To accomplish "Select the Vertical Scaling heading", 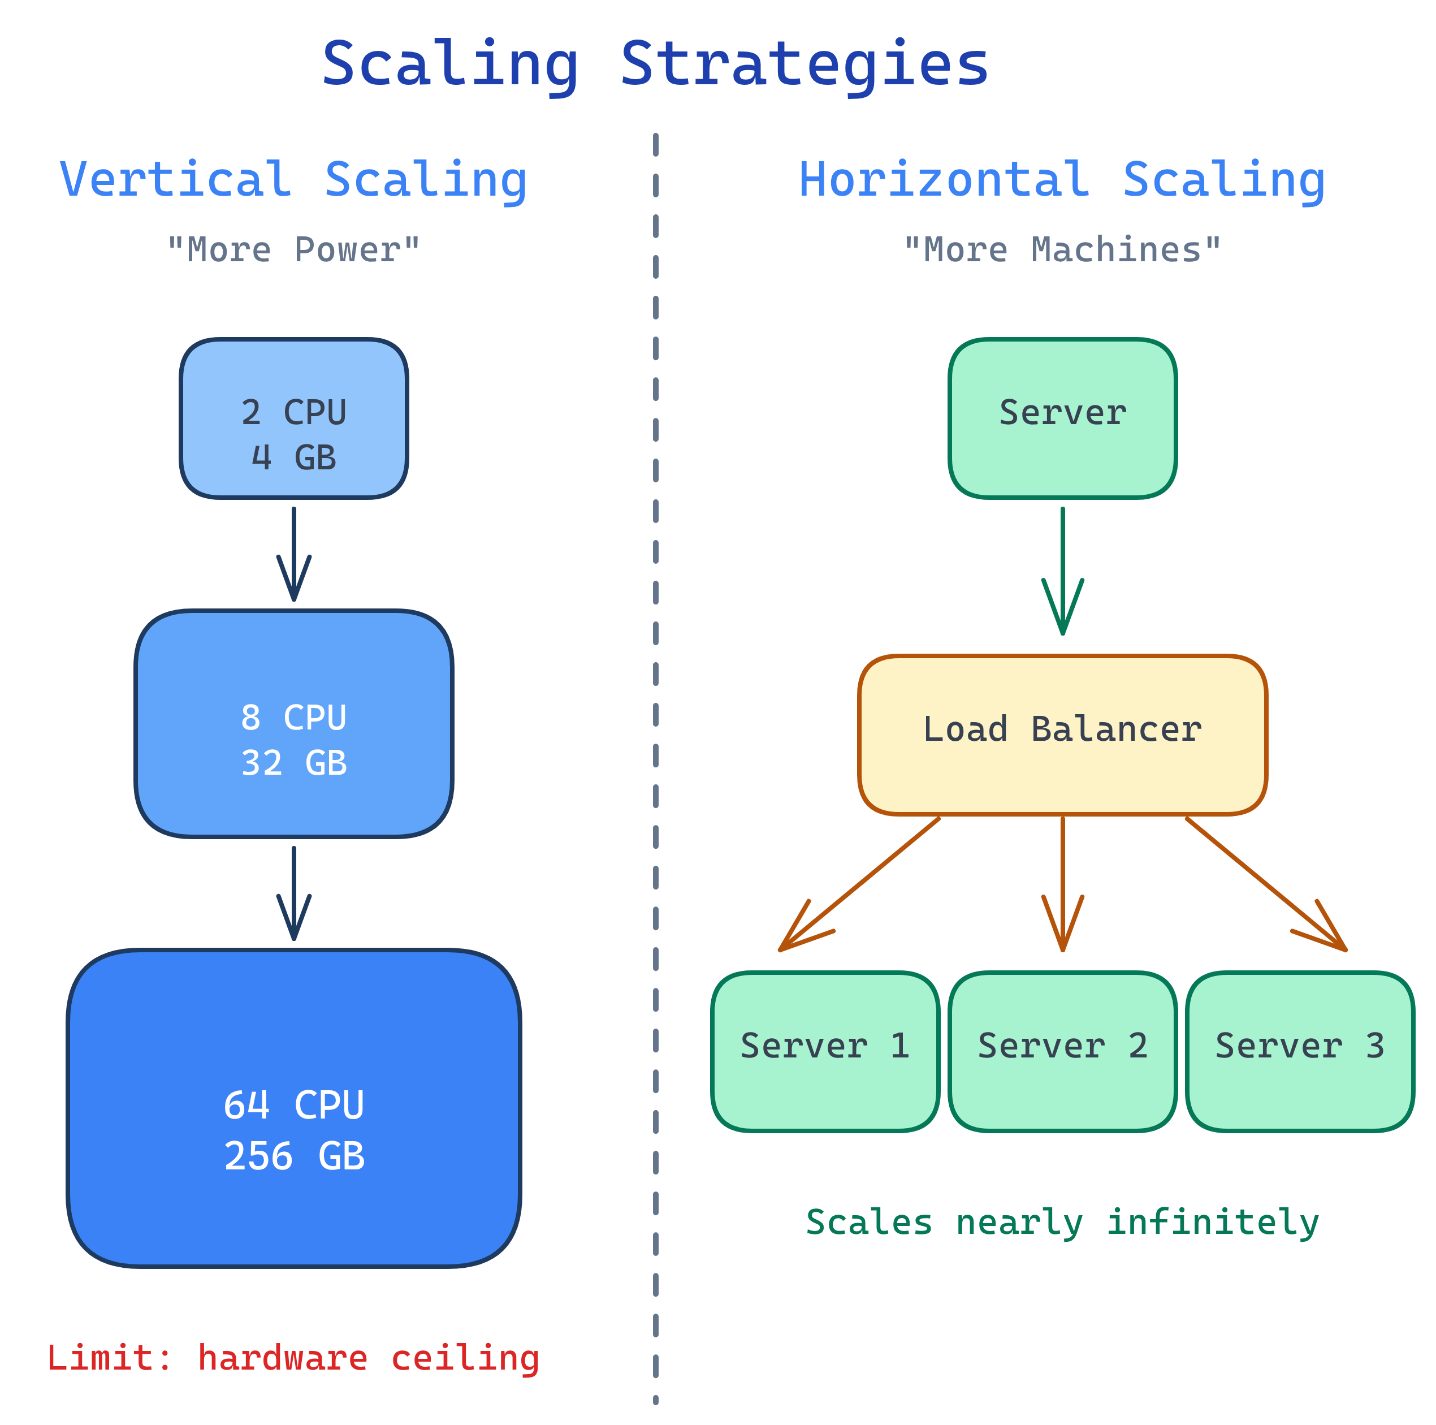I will tap(293, 180).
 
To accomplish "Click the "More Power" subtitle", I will tap(293, 250).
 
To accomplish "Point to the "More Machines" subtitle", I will tap(1062, 250).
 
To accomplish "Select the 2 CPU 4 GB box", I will tap(293, 418).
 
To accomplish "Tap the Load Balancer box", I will tap(1062, 735).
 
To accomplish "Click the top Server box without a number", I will tap(1062, 418).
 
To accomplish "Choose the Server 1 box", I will tap(825, 1052).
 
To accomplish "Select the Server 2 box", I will tap(1062, 1052).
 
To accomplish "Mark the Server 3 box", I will tap(1299, 1052).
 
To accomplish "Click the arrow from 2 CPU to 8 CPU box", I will tap(293, 554).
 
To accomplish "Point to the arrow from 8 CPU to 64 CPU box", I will tap(293, 892).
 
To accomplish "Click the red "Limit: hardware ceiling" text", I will tap(293, 1357).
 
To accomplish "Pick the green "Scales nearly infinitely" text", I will tap(1062, 1222).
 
